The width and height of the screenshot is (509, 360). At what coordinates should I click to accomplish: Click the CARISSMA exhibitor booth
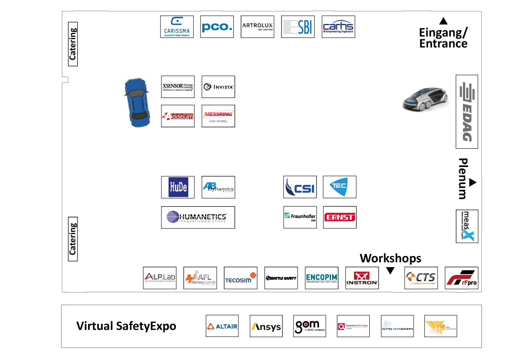(177, 27)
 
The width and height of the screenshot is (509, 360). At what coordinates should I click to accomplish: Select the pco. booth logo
(217, 27)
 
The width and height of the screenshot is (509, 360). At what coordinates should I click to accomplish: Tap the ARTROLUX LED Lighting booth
(257, 27)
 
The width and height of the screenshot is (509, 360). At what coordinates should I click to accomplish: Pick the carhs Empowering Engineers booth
(338, 27)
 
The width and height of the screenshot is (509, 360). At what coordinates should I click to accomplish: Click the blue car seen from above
(137, 103)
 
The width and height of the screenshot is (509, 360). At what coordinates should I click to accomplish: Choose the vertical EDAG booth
(467, 112)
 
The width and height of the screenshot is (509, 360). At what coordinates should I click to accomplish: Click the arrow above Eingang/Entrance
(443, 21)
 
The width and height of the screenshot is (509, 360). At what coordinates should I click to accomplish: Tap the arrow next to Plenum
(472, 183)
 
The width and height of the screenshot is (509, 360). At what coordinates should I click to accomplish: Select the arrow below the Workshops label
(390, 271)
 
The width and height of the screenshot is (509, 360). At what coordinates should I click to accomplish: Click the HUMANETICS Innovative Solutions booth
(198, 217)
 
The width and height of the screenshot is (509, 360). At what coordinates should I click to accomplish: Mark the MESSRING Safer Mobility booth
(218, 116)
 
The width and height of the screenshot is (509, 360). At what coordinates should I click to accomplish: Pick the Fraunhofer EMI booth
(300, 217)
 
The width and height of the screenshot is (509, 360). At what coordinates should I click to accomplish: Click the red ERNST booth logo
(339, 217)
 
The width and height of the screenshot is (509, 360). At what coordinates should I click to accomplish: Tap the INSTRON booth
(362, 278)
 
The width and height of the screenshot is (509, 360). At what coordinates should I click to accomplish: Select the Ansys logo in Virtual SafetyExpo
(266, 326)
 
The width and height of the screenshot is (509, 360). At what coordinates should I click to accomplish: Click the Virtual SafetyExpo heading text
(126, 326)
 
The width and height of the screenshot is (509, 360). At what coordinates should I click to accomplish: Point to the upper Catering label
(73, 44)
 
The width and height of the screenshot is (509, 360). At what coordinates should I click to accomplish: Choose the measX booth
(467, 226)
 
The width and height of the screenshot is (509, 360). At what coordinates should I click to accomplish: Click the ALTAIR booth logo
(222, 326)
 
